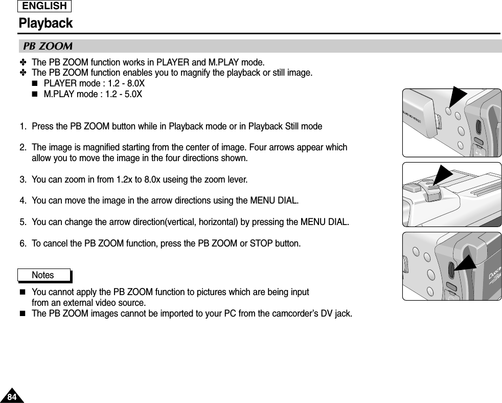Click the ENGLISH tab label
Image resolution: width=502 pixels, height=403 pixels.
click(x=44, y=6)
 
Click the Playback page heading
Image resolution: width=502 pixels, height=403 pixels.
click(x=45, y=24)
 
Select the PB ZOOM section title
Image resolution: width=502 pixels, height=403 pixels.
click(x=48, y=47)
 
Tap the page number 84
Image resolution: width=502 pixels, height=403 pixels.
click(x=11, y=396)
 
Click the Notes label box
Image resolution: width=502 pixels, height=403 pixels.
click(x=43, y=275)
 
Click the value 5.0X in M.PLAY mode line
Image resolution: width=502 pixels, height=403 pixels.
click(x=133, y=95)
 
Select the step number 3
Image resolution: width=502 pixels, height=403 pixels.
click(x=23, y=180)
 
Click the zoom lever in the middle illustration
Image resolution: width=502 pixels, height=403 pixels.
click(x=427, y=189)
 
